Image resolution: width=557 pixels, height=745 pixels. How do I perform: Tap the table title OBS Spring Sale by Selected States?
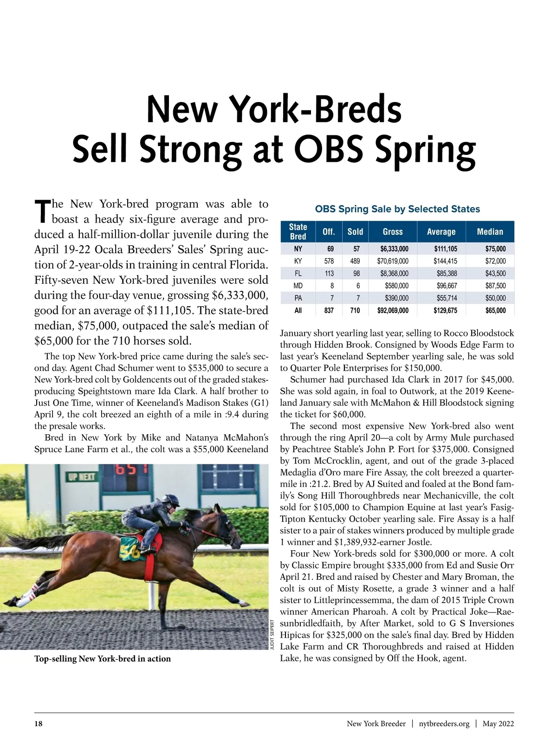(x=397, y=209)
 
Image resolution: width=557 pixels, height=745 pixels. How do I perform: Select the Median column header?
(x=490, y=231)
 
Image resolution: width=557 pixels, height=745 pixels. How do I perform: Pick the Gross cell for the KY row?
(x=393, y=261)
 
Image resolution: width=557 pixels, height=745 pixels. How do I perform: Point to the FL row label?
(x=298, y=274)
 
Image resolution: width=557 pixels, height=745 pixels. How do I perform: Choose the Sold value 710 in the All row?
(x=355, y=310)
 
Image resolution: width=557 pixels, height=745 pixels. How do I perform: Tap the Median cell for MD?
(x=495, y=286)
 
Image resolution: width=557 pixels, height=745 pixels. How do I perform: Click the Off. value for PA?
(x=332, y=298)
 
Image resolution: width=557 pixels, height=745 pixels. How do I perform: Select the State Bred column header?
(x=298, y=231)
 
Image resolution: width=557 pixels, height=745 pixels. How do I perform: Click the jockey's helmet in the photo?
(x=170, y=500)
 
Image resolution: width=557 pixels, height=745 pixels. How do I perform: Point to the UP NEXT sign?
(x=82, y=477)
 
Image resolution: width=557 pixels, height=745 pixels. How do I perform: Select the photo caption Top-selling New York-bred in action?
(x=103, y=659)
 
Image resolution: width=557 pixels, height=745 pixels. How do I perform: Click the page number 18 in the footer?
(x=39, y=724)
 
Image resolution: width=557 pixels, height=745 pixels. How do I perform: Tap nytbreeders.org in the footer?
(x=444, y=724)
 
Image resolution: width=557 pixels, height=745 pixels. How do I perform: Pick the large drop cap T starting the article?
(x=42, y=211)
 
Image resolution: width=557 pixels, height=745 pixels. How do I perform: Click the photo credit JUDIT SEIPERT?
(x=272, y=634)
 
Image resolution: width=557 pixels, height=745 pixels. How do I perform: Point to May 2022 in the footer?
(x=498, y=724)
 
